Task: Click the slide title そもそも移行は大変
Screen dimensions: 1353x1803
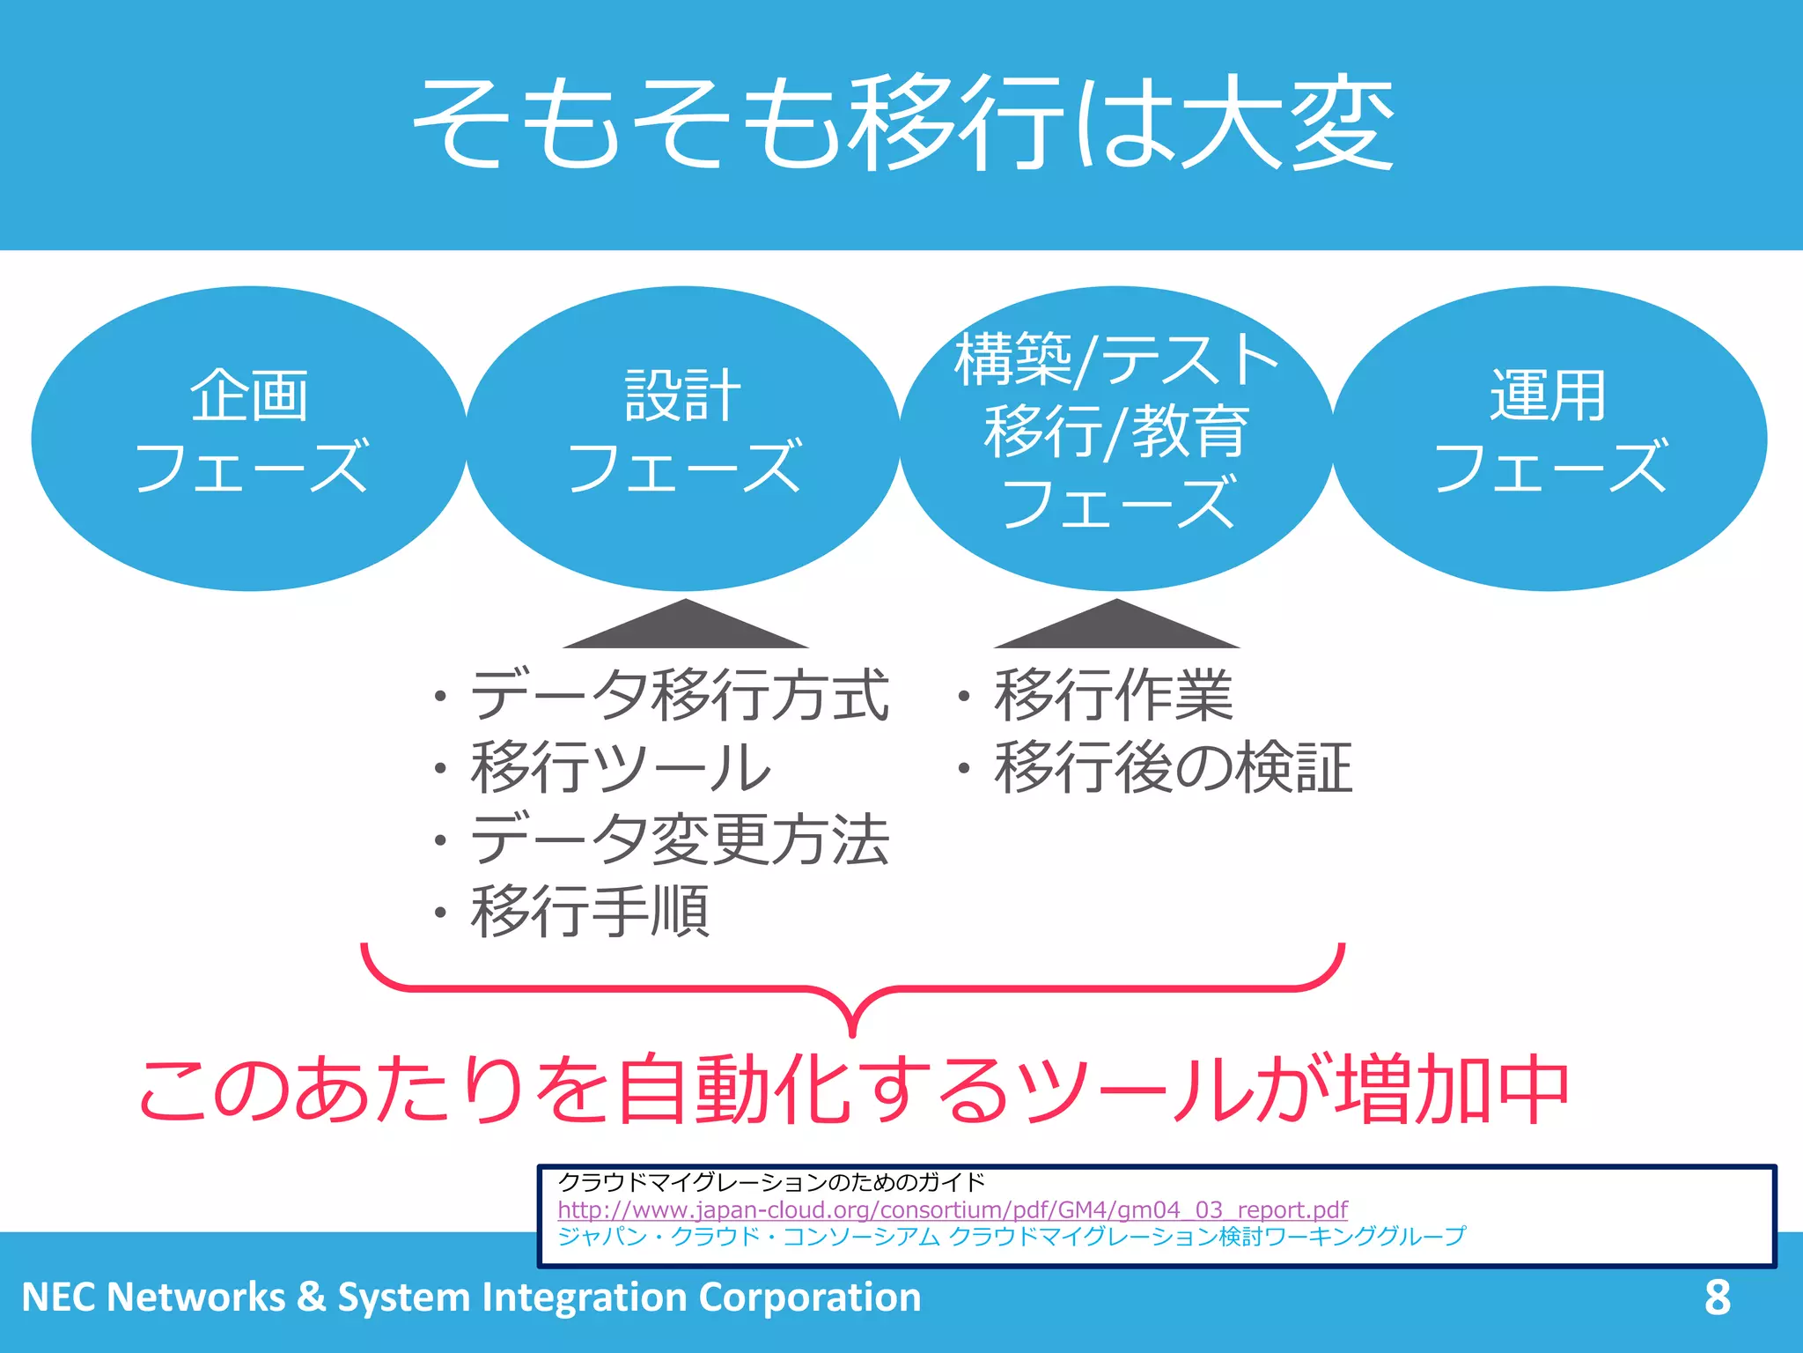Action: coord(902,123)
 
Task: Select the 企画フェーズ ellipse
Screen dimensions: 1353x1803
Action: coord(249,438)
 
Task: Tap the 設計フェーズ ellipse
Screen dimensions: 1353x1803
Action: coord(683,438)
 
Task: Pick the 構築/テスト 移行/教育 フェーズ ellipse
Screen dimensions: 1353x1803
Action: coord(1116,438)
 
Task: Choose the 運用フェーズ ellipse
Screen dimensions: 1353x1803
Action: coord(1549,438)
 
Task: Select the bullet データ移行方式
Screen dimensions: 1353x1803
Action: coord(678,695)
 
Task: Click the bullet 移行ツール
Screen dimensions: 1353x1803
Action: coord(620,767)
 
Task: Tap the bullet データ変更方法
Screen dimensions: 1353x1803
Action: coord(678,839)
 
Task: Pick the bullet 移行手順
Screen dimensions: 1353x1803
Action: coord(590,912)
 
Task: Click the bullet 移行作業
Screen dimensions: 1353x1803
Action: coord(1113,695)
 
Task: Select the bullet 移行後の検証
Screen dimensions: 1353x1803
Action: coord(1173,767)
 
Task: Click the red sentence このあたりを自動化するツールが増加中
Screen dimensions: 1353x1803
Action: coord(854,1090)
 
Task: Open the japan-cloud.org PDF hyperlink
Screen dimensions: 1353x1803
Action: coord(952,1209)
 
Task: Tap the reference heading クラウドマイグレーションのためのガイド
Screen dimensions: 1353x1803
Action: coord(771,1182)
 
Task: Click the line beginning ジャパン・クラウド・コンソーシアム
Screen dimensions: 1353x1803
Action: coord(1012,1236)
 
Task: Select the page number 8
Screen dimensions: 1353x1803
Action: coord(1717,1297)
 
